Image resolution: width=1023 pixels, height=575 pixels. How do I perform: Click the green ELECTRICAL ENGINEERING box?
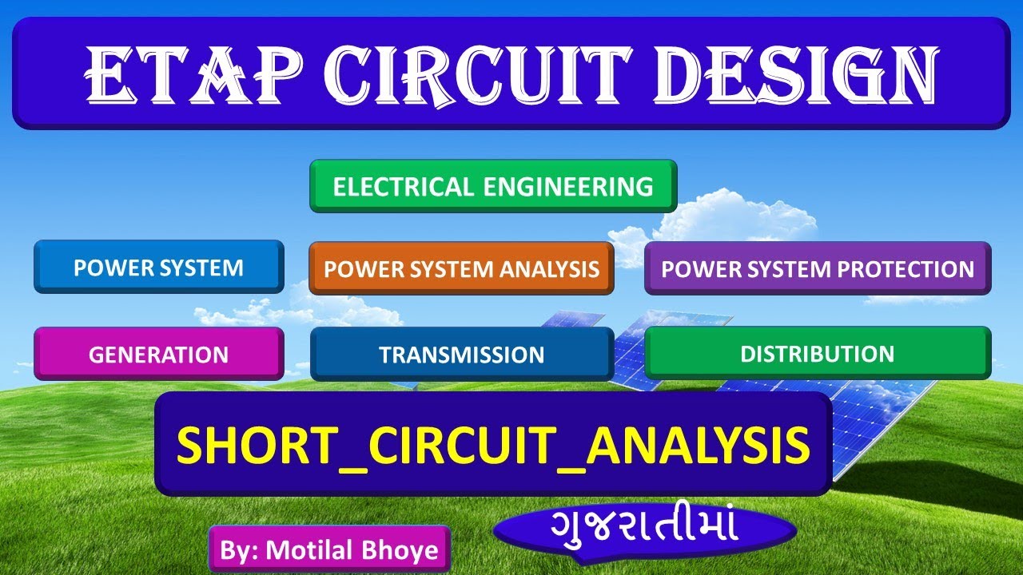click(493, 187)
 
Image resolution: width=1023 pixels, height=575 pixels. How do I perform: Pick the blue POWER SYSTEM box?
click(158, 268)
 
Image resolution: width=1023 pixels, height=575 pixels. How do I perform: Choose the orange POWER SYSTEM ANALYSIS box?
click(461, 268)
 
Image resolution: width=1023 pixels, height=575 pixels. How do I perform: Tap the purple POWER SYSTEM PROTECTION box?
click(818, 268)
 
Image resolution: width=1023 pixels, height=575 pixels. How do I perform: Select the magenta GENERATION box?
click(158, 354)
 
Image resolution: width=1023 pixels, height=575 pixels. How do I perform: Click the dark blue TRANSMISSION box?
click(461, 354)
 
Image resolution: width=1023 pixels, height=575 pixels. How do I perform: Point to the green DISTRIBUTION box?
click(818, 353)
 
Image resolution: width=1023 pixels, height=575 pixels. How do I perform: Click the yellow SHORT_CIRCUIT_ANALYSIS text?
click(493, 446)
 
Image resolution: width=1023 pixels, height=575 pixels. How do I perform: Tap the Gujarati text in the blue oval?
click(643, 529)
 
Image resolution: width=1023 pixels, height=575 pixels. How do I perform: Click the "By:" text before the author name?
click(238, 550)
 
